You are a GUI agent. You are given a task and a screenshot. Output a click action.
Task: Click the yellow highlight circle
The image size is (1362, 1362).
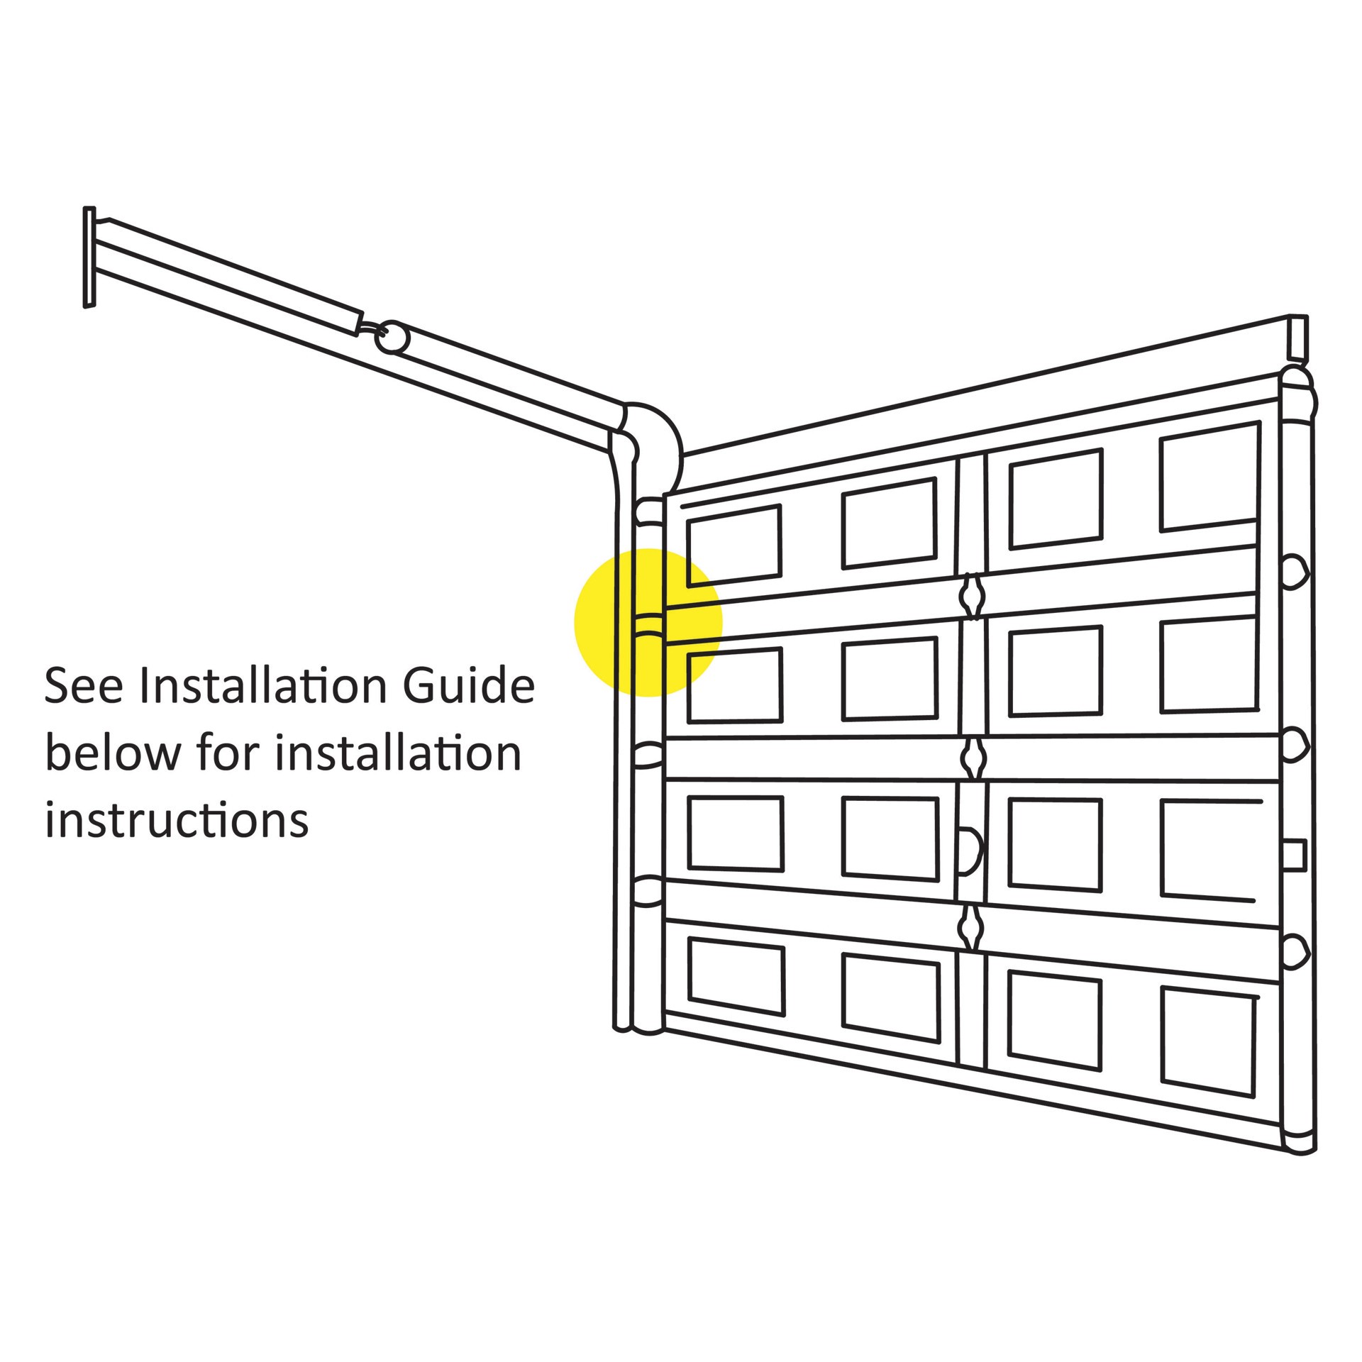pyautogui.click(x=648, y=622)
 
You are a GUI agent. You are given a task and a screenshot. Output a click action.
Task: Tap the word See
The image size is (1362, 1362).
pyautogui.click(x=84, y=686)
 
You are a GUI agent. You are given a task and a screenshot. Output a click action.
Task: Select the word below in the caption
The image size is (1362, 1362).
pyautogui.click(x=113, y=753)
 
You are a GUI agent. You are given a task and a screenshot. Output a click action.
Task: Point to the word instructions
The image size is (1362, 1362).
pyautogui.click(x=177, y=820)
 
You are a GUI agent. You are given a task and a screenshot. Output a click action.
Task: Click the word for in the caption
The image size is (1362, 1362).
pyautogui.click(x=228, y=753)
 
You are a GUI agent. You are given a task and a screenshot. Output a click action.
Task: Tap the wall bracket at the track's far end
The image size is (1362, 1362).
pyautogui.click(x=89, y=257)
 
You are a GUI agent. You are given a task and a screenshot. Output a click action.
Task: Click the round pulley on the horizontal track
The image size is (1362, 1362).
pyautogui.click(x=392, y=338)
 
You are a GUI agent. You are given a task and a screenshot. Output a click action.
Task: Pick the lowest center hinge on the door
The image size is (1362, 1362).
pyautogui.click(x=970, y=927)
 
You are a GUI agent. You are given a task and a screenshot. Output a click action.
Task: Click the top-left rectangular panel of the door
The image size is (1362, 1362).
pyautogui.click(x=733, y=545)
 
